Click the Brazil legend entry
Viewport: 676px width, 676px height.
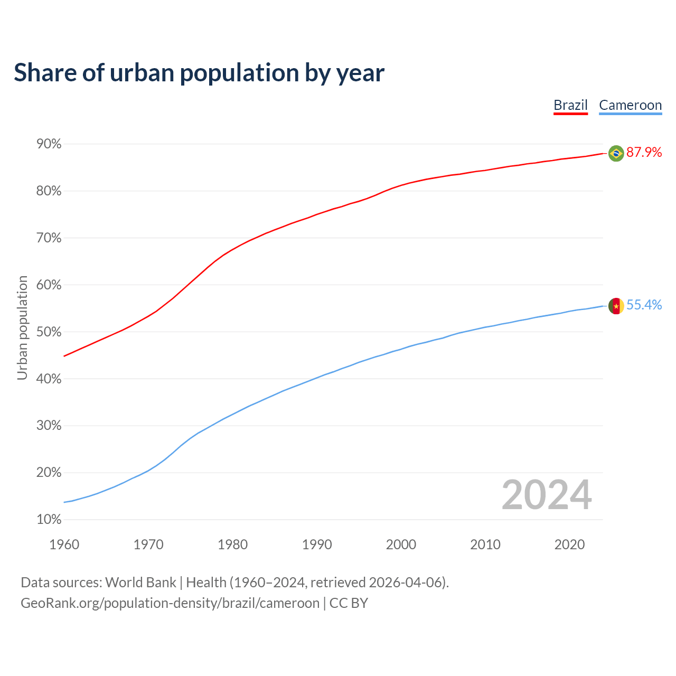tap(570, 105)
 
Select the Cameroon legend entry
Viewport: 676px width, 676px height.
tap(630, 105)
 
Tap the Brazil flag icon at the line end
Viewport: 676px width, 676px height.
tap(616, 153)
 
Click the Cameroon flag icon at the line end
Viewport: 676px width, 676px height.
tap(616, 306)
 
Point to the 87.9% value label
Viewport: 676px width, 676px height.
tap(644, 153)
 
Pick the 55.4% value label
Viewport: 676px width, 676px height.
tap(644, 305)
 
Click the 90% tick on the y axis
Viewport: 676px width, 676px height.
tap(49, 144)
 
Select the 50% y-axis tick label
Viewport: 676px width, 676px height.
tap(49, 332)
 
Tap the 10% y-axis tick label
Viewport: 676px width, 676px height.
tap(49, 520)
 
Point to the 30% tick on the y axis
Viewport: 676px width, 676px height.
tap(49, 426)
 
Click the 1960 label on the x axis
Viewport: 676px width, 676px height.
tap(64, 544)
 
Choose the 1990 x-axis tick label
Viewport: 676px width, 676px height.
tap(317, 544)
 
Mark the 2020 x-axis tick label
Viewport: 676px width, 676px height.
tap(569, 544)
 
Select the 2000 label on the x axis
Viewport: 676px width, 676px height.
tap(401, 544)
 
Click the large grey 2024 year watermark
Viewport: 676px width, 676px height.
tap(547, 495)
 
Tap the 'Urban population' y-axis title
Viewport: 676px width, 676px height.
tap(22, 327)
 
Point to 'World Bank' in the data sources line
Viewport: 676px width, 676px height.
tap(140, 583)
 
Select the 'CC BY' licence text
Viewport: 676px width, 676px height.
tap(349, 603)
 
